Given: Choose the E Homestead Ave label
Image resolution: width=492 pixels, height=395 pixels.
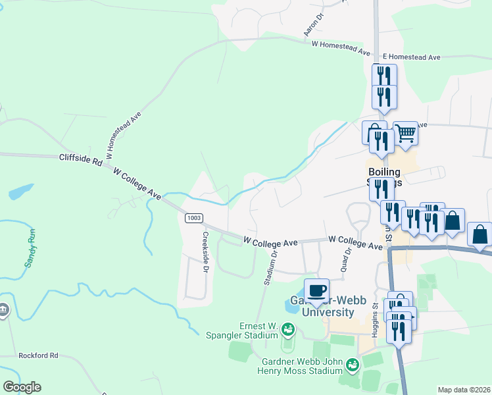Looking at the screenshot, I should coord(411,57).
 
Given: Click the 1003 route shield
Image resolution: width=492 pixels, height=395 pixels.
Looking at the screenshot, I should coord(193,218).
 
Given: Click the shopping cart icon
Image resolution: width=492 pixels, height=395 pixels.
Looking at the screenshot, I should coord(406,134).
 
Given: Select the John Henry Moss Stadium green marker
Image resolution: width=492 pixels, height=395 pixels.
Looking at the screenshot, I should coord(353,363).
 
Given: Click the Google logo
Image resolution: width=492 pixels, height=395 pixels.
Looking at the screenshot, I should coord(22,387).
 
